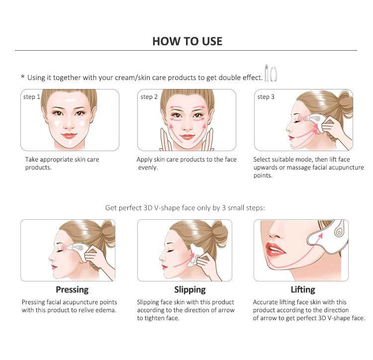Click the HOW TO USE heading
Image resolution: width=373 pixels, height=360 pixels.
coord(187,41)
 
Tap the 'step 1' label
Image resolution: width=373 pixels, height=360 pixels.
coord(32,97)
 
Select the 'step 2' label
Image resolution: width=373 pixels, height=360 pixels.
coord(149,97)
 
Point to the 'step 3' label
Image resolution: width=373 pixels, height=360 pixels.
coord(266,97)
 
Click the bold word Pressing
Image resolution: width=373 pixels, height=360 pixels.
coord(72,289)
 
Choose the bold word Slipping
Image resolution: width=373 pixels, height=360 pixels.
coord(190,289)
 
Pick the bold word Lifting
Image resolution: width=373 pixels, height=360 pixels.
coord(303,289)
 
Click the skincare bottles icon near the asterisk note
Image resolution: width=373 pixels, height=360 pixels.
coord(271,73)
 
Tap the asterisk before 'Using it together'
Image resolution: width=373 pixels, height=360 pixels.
coord(22,77)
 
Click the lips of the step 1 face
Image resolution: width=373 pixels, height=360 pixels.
coord(69,136)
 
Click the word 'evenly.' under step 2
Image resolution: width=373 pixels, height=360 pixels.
coord(148,168)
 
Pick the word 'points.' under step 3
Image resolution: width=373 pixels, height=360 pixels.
coord(263,176)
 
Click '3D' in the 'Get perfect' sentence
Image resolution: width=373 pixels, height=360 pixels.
coord(148,208)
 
